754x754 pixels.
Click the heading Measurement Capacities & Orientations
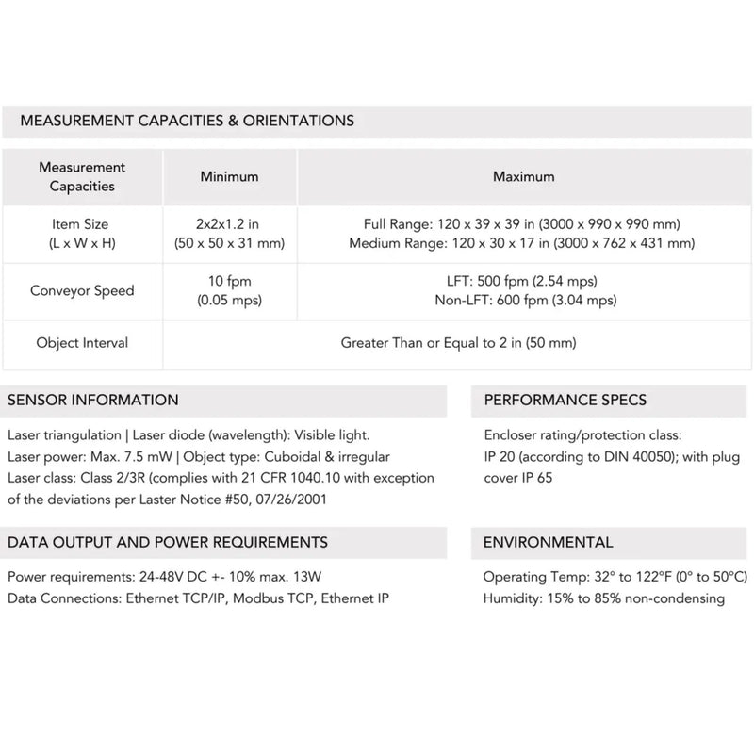[x=187, y=121]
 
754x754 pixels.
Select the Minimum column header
[x=229, y=176]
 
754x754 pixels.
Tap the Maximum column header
[x=524, y=176]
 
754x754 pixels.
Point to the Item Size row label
[x=82, y=234]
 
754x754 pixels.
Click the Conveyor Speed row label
[x=82, y=290]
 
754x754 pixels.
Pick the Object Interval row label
[x=82, y=343]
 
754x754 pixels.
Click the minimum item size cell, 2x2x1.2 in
[x=229, y=224]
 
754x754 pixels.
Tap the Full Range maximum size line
[x=522, y=224]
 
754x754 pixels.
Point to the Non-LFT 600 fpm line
[x=524, y=301]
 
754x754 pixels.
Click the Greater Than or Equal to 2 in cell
[x=457, y=343]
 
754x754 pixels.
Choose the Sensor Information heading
[x=92, y=400]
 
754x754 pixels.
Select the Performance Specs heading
[x=565, y=400]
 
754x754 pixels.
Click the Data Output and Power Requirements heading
[x=168, y=542]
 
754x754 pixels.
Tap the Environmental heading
[x=548, y=542]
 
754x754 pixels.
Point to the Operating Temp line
[x=615, y=576]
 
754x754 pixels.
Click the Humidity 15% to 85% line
[x=603, y=598]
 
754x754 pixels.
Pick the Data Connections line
[x=198, y=598]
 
